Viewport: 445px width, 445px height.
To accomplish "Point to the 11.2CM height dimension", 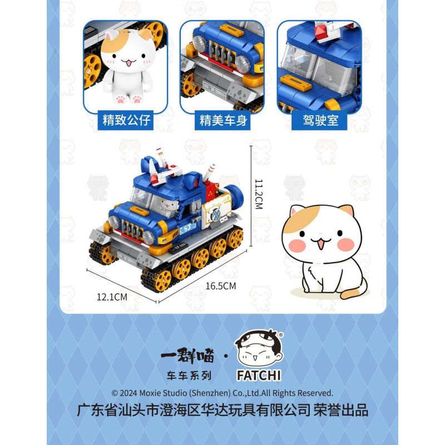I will (258, 194).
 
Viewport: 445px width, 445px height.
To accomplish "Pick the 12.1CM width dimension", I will (112, 297).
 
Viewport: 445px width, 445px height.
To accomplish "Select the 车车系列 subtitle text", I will (188, 375).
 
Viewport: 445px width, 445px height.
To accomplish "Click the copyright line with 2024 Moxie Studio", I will (222, 393).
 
